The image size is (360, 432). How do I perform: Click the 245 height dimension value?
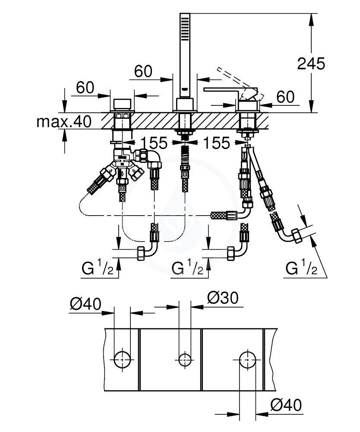pyautogui.click(x=311, y=64)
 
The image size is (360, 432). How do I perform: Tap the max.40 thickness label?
pyautogui.click(x=64, y=121)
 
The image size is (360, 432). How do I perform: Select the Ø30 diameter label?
pyautogui.click(x=223, y=298)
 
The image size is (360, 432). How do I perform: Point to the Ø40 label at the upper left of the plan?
pyautogui.click(x=85, y=304)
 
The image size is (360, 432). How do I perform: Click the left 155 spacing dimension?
pyautogui.click(x=154, y=143)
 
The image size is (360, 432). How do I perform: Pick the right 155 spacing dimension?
pyautogui.click(x=216, y=143)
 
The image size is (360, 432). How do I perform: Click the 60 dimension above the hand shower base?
pyautogui.click(x=143, y=71)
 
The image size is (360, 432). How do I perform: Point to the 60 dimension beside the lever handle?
pyautogui.click(x=285, y=97)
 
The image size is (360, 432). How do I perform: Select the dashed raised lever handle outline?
pyautogui.click(x=240, y=82)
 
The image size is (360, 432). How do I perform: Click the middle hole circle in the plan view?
pyautogui.click(x=185, y=360)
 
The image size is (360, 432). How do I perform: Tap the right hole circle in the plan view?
pyautogui.click(x=247, y=360)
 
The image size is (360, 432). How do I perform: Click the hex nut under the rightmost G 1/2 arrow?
pyautogui.click(x=297, y=236)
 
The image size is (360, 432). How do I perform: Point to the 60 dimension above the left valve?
pyautogui.click(x=85, y=88)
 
